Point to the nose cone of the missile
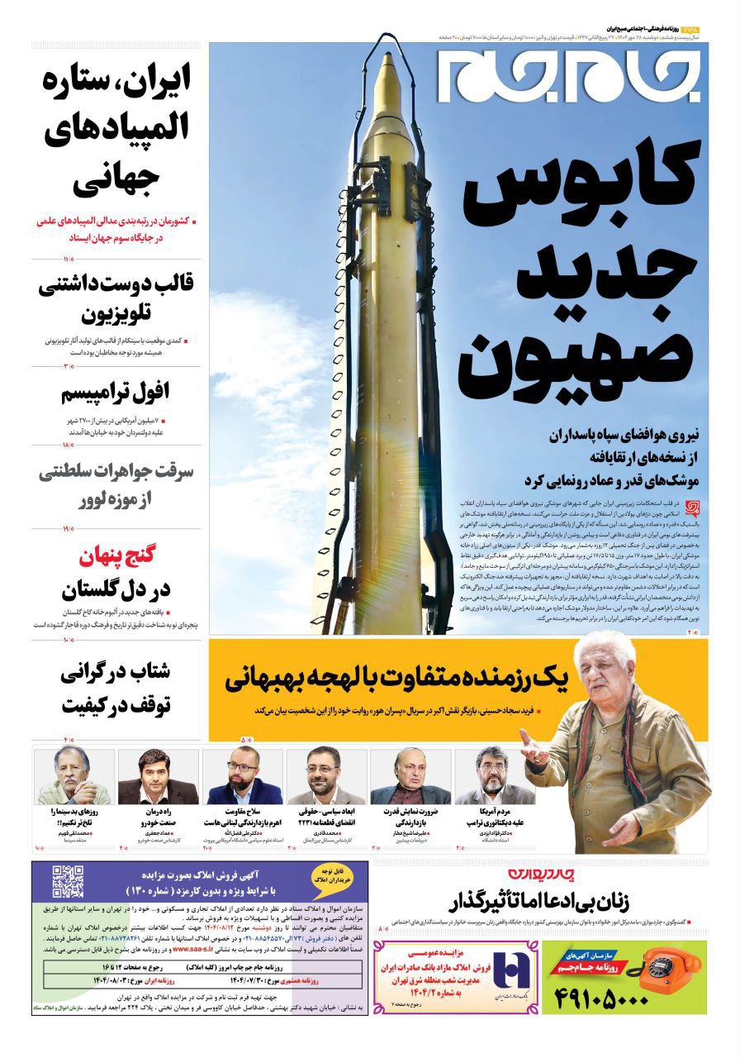pyautogui.click(x=389, y=70)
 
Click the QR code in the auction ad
pyautogui.click(x=68, y=881)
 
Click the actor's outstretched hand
pyautogui.click(x=535, y=753)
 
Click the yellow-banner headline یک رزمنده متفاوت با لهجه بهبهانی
pyautogui.click(x=396, y=679)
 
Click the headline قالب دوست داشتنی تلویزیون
pyautogui.click(x=116, y=299)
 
